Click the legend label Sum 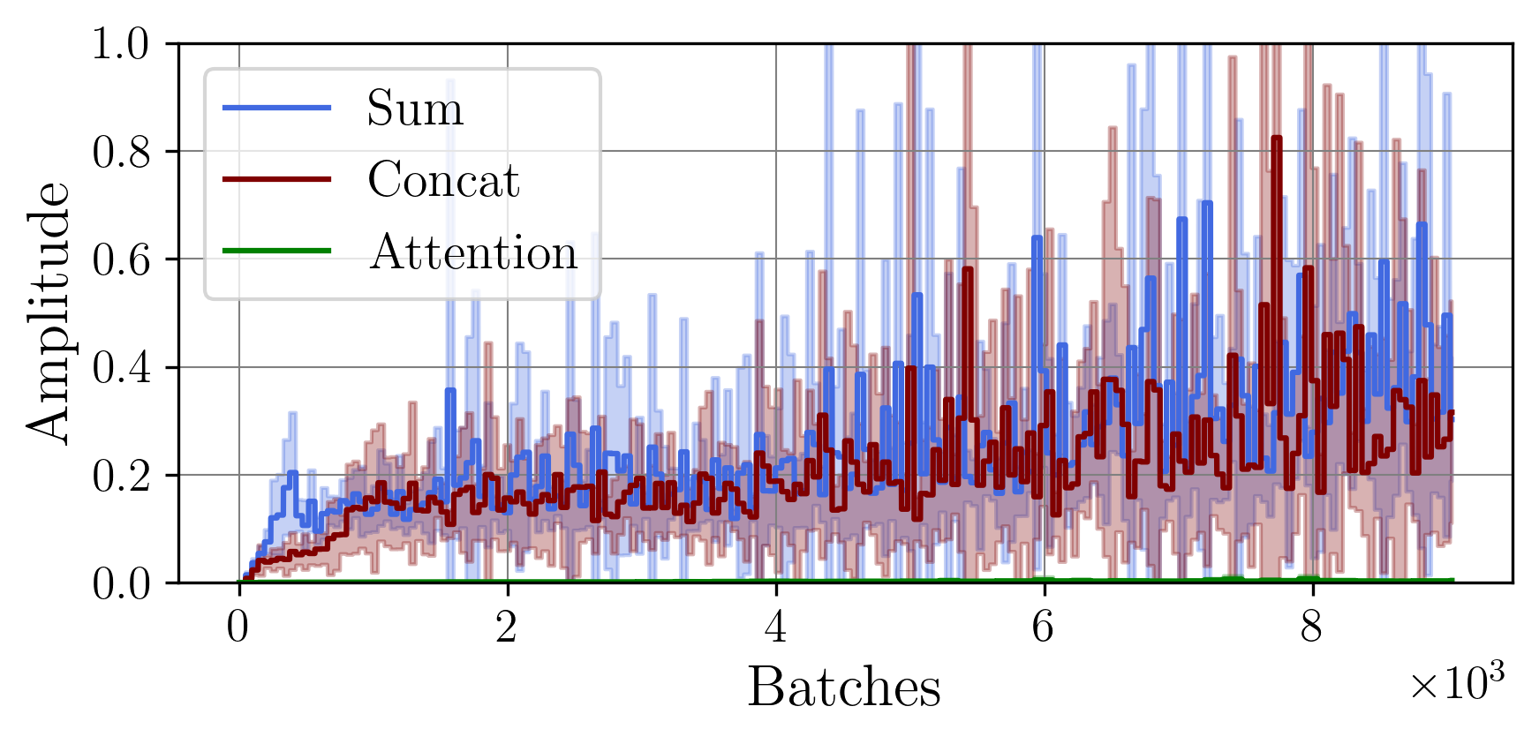point(414,109)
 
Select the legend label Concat point(442,180)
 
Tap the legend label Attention point(472,252)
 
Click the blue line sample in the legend point(276,108)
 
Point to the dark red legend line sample point(276,179)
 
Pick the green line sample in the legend point(276,252)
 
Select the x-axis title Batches point(843,687)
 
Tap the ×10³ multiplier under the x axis point(1455,682)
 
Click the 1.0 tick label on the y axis point(121,43)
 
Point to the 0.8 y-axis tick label point(121,152)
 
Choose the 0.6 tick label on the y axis point(121,259)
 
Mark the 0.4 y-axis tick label point(121,367)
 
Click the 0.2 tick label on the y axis point(121,476)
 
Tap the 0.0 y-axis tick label point(121,583)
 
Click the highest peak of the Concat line point(1276,139)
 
